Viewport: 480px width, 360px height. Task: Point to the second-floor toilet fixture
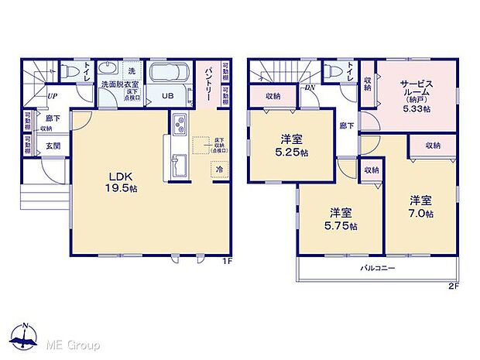pyautogui.click(x=334, y=70)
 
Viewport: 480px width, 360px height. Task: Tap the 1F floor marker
pyautogui.click(x=227, y=261)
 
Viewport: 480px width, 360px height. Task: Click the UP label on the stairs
pyautogui.click(x=51, y=97)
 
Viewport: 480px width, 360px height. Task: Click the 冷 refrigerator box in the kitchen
pyautogui.click(x=220, y=169)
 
